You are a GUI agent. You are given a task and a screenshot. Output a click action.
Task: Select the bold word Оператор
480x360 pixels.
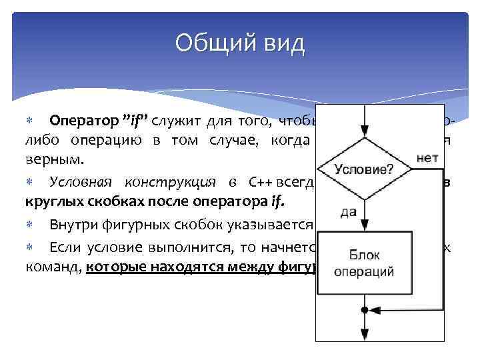pyautogui.click(x=85, y=121)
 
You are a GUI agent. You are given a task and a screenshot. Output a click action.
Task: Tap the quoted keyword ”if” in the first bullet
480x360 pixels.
pyautogui.click(x=136, y=121)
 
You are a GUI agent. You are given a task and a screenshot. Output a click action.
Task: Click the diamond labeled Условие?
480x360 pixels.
pyautogui.click(x=363, y=169)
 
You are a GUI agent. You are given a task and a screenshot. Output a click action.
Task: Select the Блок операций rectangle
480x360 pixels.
pyautogui.click(x=363, y=263)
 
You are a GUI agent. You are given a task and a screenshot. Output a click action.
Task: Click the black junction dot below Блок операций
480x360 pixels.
pyautogui.click(x=363, y=309)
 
